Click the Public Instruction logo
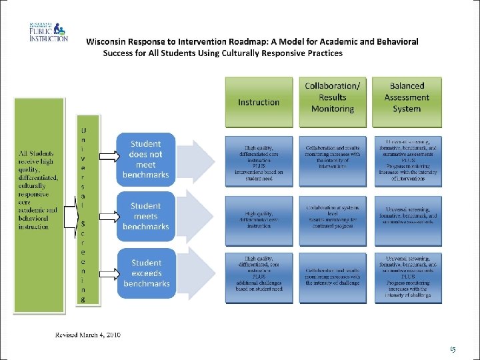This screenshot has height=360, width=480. (x=48, y=32)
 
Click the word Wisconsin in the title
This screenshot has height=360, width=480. (x=110, y=41)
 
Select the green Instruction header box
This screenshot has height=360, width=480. (x=259, y=102)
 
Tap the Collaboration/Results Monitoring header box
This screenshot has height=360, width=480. (x=333, y=97)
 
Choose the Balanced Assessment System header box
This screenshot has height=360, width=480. (x=407, y=97)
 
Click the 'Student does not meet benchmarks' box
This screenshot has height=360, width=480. (x=145, y=159)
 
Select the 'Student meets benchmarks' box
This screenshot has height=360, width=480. (x=145, y=216)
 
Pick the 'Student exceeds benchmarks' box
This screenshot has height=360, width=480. (x=146, y=273)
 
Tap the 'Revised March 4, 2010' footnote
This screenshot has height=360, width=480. (x=88, y=334)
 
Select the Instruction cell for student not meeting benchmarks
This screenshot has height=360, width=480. (x=259, y=161)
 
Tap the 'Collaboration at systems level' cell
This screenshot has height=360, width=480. (x=333, y=219)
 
